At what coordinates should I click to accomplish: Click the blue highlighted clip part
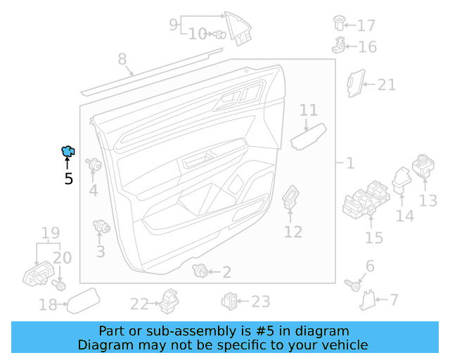tap(68, 150)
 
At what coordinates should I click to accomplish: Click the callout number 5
tap(68, 179)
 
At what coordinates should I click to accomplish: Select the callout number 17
tap(366, 26)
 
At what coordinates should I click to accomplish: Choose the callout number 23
tap(260, 302)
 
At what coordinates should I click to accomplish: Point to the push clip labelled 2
tap(201, 271)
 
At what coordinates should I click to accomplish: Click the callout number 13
tap(427, 201)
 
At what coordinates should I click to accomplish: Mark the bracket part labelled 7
tap(366, 301)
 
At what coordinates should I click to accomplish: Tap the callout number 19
tap(49, 233)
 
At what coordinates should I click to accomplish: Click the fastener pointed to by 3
tap(103, 226)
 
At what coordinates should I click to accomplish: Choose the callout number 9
tap(174, 25)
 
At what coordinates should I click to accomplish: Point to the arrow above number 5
tap(68, 165)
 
